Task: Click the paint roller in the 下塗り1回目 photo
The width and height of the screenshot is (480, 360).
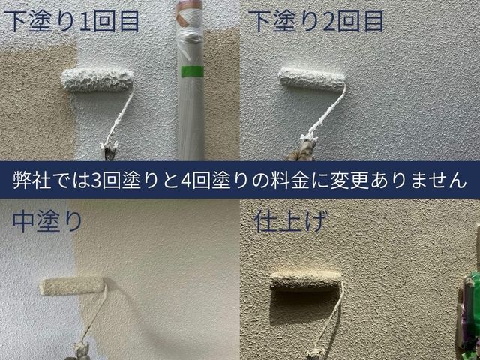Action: click(97, 79)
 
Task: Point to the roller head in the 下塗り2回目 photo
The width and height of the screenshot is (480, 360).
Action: click(311, 78)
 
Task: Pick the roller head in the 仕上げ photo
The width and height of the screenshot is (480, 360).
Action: click(304, 280)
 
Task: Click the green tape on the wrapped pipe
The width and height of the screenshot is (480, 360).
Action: click(193, 70)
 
